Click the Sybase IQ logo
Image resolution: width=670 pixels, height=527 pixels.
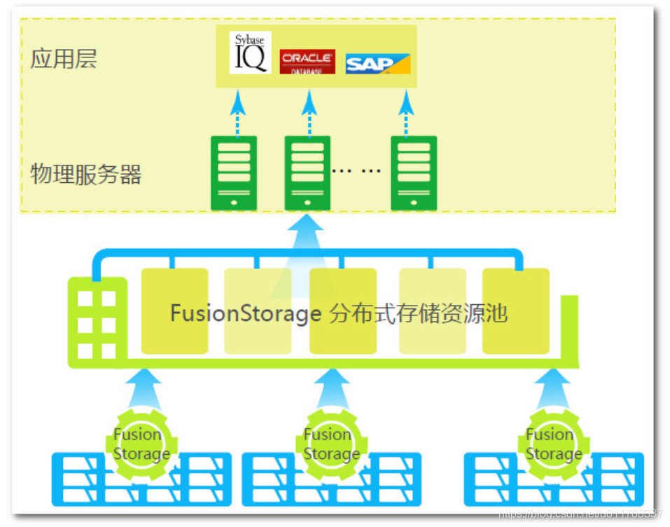(x=250, y=53)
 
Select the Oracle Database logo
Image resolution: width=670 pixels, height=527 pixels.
(x=307, y=62)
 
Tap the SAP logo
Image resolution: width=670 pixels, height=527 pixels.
(x=377, y=64)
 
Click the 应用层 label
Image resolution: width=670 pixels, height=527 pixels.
(x=64, y=59)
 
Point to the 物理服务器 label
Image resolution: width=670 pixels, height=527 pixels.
(x=86, y=174)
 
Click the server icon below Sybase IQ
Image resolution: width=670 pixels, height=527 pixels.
(x=234, y=173)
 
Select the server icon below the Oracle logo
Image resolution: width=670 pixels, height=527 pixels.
(x=307, y=173)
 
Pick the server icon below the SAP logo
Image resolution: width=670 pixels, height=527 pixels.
(x=414, y=173)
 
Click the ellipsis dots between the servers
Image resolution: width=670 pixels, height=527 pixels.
(x=356, y=170)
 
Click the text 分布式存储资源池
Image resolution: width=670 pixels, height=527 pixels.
(x=418, y=313)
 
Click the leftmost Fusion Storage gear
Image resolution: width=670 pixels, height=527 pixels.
(x=141, y=444)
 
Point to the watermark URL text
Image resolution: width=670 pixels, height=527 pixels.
(x=580, y=514)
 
